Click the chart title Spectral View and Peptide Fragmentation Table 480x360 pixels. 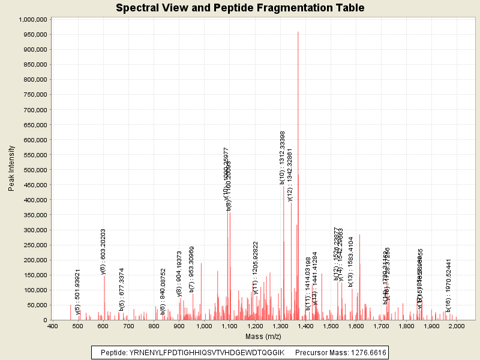239,8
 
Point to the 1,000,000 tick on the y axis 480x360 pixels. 34,19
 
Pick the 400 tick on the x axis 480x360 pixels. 53,326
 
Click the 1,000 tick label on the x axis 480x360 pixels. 205,326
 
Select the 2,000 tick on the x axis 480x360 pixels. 457,326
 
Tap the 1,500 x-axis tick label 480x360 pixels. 331,326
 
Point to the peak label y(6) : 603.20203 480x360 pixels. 103,251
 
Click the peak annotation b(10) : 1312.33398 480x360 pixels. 282,157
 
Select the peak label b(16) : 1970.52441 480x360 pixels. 448,283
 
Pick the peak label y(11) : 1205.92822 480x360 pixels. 255,268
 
